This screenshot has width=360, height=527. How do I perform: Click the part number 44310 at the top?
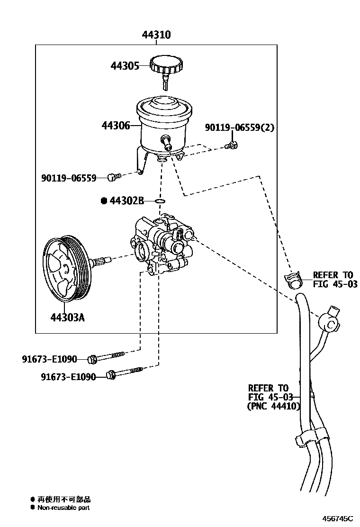point(156,35)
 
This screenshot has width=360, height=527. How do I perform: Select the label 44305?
point(125,66)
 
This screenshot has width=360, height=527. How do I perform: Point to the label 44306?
point(116,126)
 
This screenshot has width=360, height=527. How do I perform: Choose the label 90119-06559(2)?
point(239,128)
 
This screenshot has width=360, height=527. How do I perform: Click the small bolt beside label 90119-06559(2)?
point(232,145)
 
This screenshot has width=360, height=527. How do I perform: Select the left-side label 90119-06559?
point(68,178)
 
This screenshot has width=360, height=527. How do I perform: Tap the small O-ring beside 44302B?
point(160,201)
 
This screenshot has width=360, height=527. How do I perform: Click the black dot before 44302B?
point(104,201)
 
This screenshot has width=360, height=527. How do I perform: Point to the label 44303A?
point(68,318)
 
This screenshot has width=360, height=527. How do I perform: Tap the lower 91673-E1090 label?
point(68,377)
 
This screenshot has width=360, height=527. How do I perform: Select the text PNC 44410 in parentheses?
point(274,406)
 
